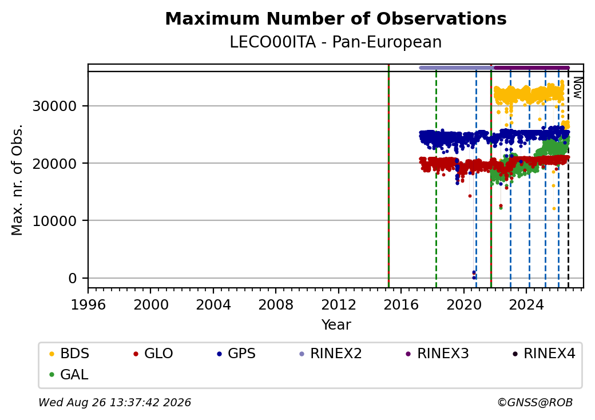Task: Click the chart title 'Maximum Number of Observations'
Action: [336, 18]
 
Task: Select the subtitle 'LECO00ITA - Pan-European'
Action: [336, 42]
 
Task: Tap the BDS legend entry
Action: [69, 354]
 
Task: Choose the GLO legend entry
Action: [153, 354]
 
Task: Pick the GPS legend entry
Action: [236, 354]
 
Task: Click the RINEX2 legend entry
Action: [331, 354]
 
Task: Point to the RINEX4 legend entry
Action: [544, 354]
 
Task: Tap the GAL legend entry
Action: [69, 374]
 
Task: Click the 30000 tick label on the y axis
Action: [55, 106]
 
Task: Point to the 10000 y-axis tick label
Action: [55, 221]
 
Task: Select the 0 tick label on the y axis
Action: [73, 279]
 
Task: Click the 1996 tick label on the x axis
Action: [89, 304]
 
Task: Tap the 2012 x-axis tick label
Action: [339, 304]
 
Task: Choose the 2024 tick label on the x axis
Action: [526, 304]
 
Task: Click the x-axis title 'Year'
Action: [336, 325]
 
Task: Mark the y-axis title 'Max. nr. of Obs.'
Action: [17, 180]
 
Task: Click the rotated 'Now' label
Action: [577, 88]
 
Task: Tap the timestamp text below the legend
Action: [115, 402]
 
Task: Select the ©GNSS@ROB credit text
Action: [535, 402]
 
